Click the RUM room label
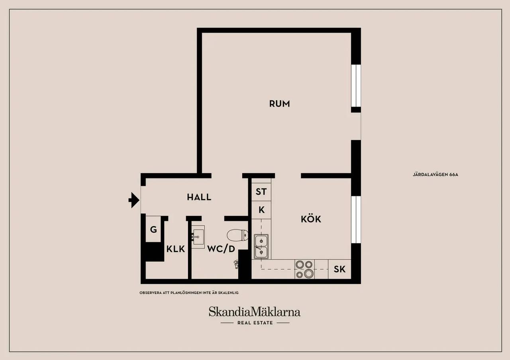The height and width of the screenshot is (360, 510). coord(279,104)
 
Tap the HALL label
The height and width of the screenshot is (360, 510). coord(199,197)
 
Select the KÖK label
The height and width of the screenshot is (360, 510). coord(311,219)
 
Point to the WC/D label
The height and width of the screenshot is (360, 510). coord(221,249)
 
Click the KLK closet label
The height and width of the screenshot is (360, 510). coord(176,249)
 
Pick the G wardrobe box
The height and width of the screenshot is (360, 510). coord(153,229)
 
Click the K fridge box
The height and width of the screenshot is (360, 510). coord(261,210)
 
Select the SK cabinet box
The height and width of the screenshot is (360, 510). coord(339,269)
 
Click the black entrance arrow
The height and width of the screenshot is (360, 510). coord(134,200)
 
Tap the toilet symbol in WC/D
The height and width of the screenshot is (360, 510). coord(237,235)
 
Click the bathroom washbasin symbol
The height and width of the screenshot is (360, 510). coord(198,237)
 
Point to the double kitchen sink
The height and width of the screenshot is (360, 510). coord(261,247)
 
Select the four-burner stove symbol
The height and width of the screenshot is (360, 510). coord(304,269)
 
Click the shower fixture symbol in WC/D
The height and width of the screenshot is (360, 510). coord(236,264)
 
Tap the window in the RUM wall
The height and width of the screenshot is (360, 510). coord(356,86)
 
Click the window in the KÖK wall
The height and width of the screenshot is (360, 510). coord(356,219)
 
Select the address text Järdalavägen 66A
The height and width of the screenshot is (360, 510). coord(435,174)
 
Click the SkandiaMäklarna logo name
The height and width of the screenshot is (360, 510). coord(255,312)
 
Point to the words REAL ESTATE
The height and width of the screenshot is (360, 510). coord(255,323)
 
